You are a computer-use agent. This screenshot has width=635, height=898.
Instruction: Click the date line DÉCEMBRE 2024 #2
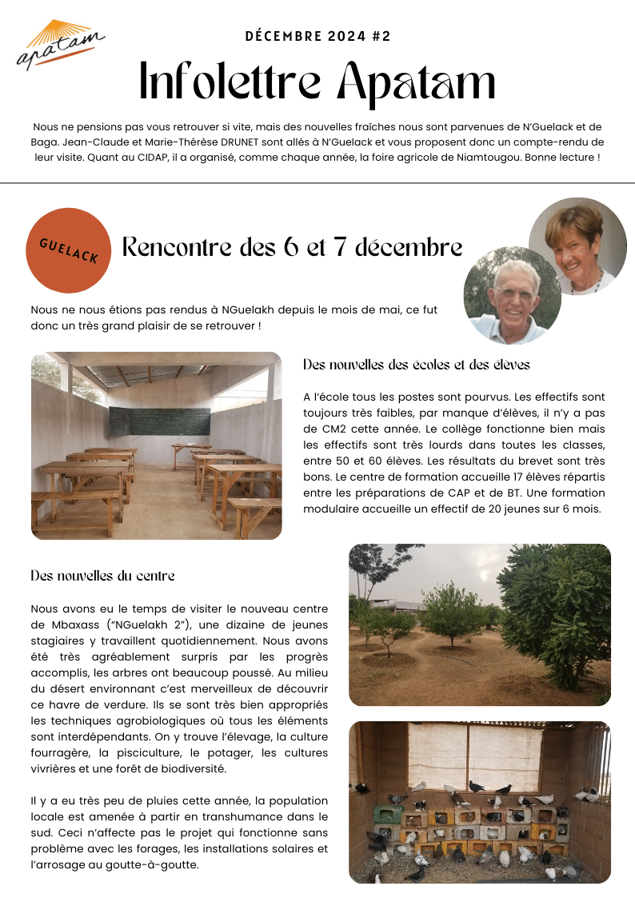pos(317,36)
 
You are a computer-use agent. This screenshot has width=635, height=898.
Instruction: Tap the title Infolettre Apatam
pos(317,82)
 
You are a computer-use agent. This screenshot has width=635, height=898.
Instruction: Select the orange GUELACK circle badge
pos(69,251)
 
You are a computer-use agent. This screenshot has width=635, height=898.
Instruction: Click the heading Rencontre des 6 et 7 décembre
pos(292,248)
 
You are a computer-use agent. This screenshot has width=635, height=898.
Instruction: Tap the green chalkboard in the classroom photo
pos(159,421)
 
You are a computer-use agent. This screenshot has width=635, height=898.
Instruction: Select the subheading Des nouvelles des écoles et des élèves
pos(417,365)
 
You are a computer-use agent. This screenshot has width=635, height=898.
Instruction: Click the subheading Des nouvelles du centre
pos(102,576)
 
